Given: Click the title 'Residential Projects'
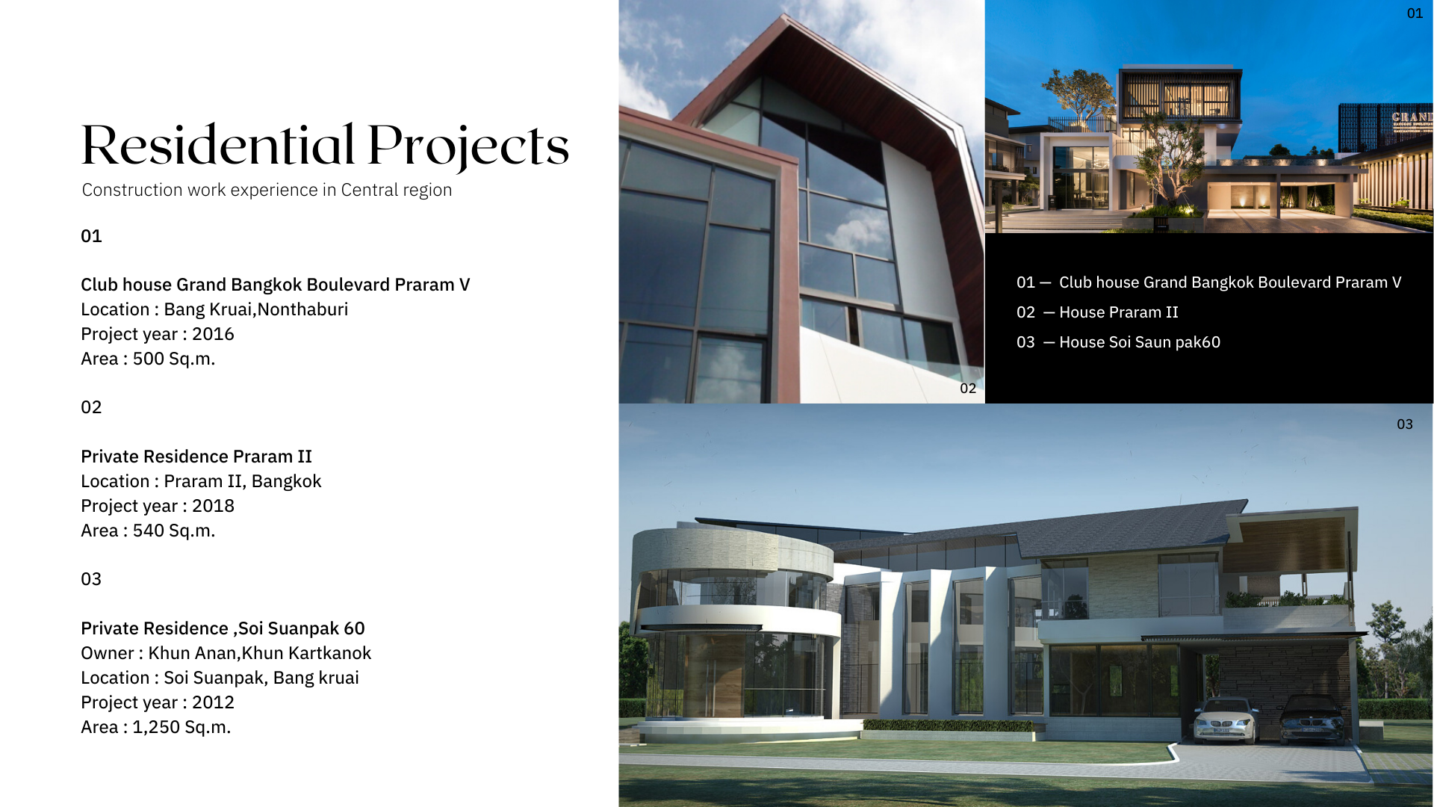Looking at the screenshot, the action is click(325, 146).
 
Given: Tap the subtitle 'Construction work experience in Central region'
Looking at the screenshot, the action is click(267, 190).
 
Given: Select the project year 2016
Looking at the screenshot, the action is click(213, 334).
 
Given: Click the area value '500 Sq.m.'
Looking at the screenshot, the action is click(174, 359).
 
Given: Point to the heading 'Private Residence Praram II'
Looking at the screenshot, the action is click(196, 457).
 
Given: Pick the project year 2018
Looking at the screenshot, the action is click(213, 506).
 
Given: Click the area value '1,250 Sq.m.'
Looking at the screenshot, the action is click(181, 727).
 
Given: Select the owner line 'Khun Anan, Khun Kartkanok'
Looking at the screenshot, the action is click(259, 653).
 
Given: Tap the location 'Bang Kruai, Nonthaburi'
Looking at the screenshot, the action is click(255, 309).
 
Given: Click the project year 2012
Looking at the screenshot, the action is click(213, 702).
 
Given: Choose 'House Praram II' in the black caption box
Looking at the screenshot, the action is click(1119, 312).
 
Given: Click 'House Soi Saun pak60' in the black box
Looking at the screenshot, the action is click(1140, 342).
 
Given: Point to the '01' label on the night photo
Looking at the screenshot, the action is click(1415, 13).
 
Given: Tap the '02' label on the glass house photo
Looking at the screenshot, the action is click(968, 388).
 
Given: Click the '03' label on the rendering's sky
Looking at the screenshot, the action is click(1405, 424).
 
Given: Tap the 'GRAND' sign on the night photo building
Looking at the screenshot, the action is click(1412, 117).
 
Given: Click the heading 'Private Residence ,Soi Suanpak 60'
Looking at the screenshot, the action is click(223, 628).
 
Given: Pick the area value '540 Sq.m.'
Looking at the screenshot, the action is click(174, 531).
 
